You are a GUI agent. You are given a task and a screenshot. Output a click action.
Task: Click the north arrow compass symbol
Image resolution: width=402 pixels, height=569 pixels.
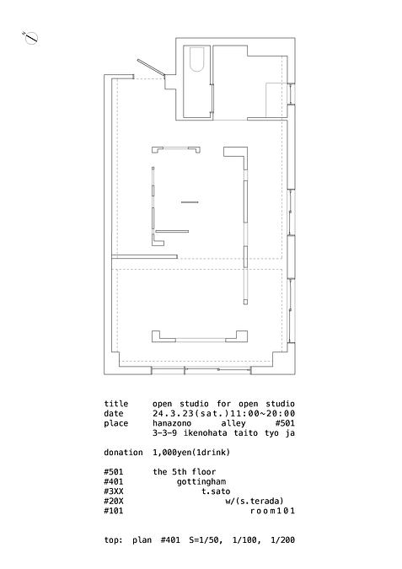31,38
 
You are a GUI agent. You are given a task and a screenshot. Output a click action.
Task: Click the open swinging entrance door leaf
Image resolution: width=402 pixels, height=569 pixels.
152,68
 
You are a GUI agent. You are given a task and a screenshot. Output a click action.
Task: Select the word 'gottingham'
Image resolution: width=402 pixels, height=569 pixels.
201,481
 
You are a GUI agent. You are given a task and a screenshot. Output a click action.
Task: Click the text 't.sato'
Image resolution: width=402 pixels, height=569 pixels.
216,491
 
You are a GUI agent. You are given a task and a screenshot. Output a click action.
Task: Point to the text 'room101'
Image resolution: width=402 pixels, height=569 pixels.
272,511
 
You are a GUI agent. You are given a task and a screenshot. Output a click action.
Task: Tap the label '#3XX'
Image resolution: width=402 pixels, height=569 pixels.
114,491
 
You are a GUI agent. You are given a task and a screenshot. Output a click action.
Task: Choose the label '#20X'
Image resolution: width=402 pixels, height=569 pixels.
114,501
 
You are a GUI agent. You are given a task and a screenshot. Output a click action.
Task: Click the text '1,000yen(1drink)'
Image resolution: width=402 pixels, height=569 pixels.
191,453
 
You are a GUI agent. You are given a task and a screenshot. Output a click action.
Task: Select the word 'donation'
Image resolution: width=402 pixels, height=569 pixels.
123,453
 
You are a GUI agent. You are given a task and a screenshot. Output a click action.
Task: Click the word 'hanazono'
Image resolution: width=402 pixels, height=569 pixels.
172,423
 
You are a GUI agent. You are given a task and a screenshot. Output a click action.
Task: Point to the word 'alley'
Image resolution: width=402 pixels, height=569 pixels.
233,423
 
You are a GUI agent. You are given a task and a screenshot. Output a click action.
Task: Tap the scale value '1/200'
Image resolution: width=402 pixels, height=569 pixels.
282,540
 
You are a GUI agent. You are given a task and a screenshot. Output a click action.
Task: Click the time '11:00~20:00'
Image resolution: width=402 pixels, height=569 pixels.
268,414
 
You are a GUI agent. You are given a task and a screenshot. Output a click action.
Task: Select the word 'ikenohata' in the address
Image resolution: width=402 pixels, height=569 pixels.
206,433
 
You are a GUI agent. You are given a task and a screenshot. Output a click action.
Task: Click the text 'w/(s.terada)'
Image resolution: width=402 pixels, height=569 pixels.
255,501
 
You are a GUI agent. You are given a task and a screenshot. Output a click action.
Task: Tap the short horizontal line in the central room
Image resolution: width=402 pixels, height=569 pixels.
190,202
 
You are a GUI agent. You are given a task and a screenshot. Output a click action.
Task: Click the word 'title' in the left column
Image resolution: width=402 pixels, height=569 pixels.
116,404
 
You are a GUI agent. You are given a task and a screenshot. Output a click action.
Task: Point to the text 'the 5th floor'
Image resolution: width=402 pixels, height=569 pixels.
185,472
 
